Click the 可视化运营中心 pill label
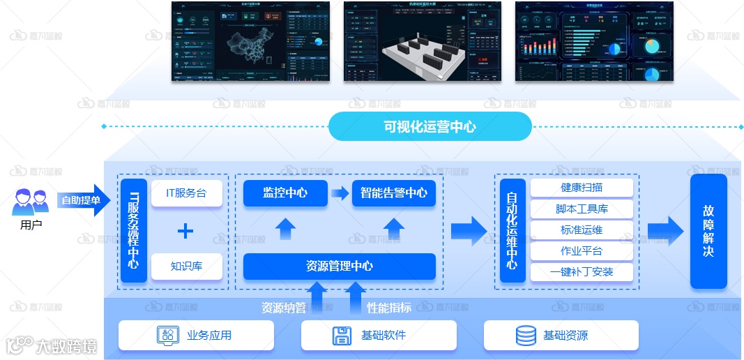pos(430,127)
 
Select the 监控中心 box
pos(285,193)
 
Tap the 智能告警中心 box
pos(393,193)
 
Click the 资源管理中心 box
pos(339,266)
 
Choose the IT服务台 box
pos(186,193)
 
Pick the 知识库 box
pos(186,266)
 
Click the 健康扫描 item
pos(582,188)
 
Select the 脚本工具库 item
pos(582,209)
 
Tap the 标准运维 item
pos(582,230)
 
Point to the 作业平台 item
pos(582,250)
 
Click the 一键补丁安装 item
pos(582,271)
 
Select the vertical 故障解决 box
pos(708,231)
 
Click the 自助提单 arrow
pos(82,200)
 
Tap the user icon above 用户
pos(31,202)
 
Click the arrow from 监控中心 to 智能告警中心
pos(340,193)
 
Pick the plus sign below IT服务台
pos(185,230)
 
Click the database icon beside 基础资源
pos(526,336)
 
